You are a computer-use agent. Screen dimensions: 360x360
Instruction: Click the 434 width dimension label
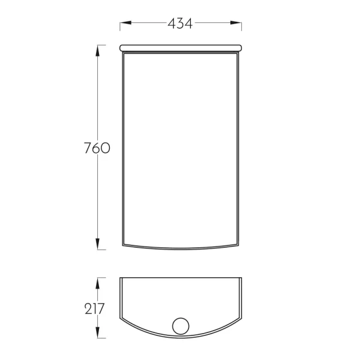180,23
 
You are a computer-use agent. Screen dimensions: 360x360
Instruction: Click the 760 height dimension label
97,148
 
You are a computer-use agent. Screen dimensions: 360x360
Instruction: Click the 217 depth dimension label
95,309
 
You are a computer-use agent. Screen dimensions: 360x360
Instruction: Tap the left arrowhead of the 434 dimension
125,23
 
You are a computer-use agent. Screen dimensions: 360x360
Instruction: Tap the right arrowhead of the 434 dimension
236,23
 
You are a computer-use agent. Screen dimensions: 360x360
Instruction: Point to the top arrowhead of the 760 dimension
98,51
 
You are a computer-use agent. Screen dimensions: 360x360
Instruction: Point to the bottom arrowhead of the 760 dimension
98,244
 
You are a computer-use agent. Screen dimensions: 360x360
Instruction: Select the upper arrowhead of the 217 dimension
98,283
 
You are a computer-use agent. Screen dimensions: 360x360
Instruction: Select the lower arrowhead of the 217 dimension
98,332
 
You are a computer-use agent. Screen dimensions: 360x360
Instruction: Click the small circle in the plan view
181,318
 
